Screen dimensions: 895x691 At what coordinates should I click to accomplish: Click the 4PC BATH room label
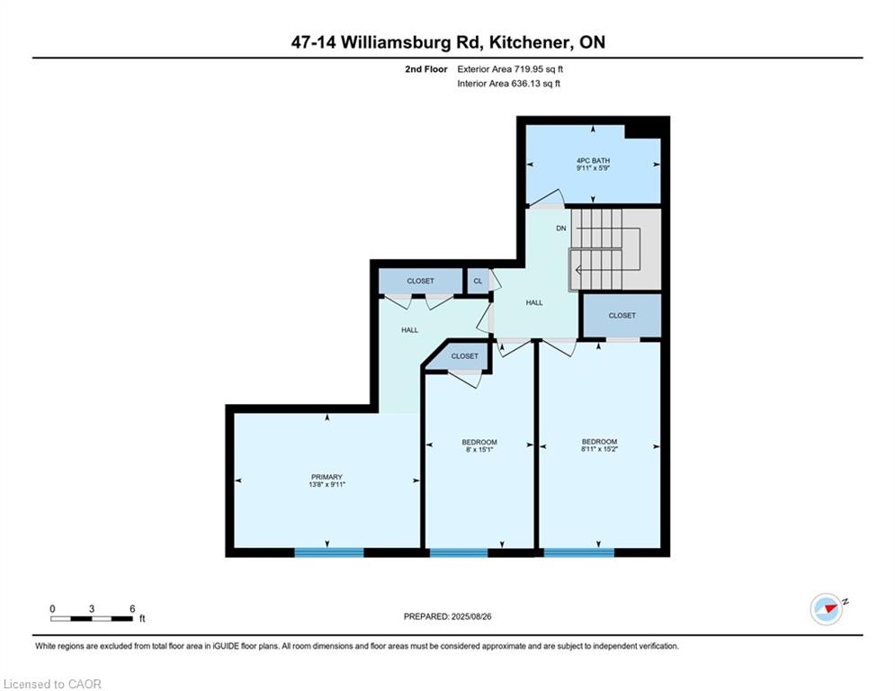593,160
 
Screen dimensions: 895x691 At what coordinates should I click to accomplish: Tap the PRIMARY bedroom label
327,477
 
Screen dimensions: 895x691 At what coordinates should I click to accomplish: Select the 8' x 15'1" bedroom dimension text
479,450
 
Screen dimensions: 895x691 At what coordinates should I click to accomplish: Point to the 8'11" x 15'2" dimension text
599,449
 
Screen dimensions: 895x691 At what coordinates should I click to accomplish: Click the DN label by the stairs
561,228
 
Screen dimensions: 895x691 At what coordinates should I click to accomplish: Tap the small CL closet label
478,281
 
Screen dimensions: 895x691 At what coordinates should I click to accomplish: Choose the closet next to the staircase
622,315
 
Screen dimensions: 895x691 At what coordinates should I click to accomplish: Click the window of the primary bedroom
329,552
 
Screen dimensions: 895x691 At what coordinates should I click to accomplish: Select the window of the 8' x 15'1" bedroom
459,552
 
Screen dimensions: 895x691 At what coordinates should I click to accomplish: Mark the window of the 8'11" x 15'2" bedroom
578,552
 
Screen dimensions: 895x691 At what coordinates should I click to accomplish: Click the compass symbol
827,609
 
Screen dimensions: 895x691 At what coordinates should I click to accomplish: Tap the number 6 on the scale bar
132,609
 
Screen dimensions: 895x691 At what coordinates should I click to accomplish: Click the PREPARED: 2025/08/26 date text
448,616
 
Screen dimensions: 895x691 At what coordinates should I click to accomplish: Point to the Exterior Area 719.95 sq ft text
510,69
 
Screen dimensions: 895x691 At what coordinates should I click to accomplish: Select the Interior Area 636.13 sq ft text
508,84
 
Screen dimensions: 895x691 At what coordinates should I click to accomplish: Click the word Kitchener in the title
529,42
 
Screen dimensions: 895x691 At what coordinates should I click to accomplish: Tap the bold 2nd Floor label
425,69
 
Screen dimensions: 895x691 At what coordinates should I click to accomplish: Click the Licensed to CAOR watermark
52,684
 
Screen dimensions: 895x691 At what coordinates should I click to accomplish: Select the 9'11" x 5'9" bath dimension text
593,168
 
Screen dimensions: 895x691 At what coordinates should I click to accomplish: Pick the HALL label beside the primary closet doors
410,330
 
